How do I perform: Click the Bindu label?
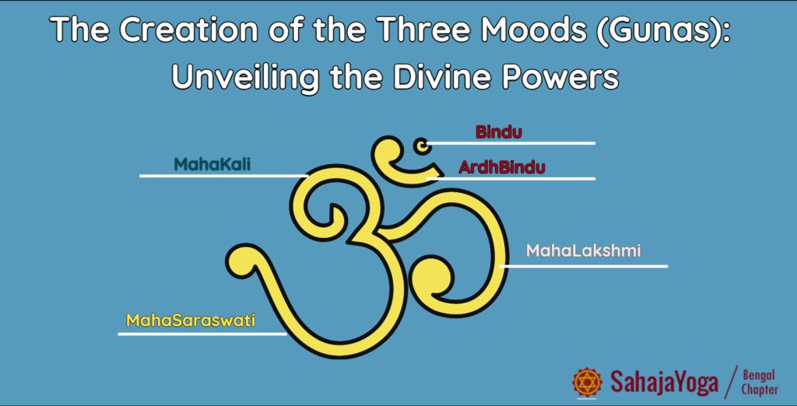(499, 132)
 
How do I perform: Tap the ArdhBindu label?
(502, 167)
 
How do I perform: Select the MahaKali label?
(212, 164)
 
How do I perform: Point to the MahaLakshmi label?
(583, 250)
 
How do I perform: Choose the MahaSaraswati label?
(191, 320)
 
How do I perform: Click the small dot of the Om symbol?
(422, 146)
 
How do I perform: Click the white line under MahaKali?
(223, 176)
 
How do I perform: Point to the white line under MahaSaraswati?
(202, 334)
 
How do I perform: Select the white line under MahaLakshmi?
(583, 266)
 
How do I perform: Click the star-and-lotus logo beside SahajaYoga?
(588, 382)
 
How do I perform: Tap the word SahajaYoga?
(665, 383)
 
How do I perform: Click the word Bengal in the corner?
(759, 376)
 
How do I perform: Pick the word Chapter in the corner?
(760, 390)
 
